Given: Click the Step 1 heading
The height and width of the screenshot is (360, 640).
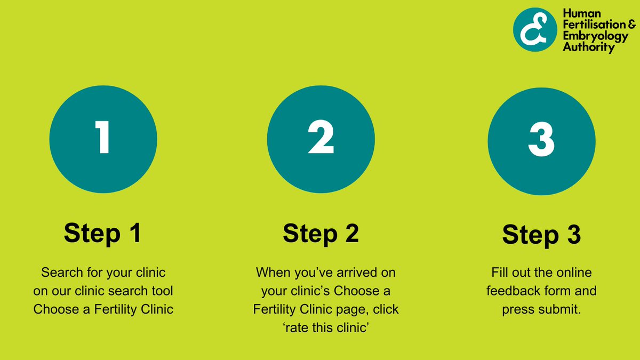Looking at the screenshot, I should coord(103,233).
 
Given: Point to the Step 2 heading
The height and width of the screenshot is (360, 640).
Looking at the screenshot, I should coord(321,233).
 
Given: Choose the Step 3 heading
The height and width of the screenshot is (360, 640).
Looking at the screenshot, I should coord(541,235).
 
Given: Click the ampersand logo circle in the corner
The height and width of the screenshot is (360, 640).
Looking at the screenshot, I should coord(535,29).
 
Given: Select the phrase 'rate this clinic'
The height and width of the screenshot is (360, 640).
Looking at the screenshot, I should coord(326,327).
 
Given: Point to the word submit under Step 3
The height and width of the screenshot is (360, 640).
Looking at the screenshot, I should coord(559,309).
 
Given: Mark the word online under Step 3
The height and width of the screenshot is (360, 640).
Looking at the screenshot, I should coord(573,273).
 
